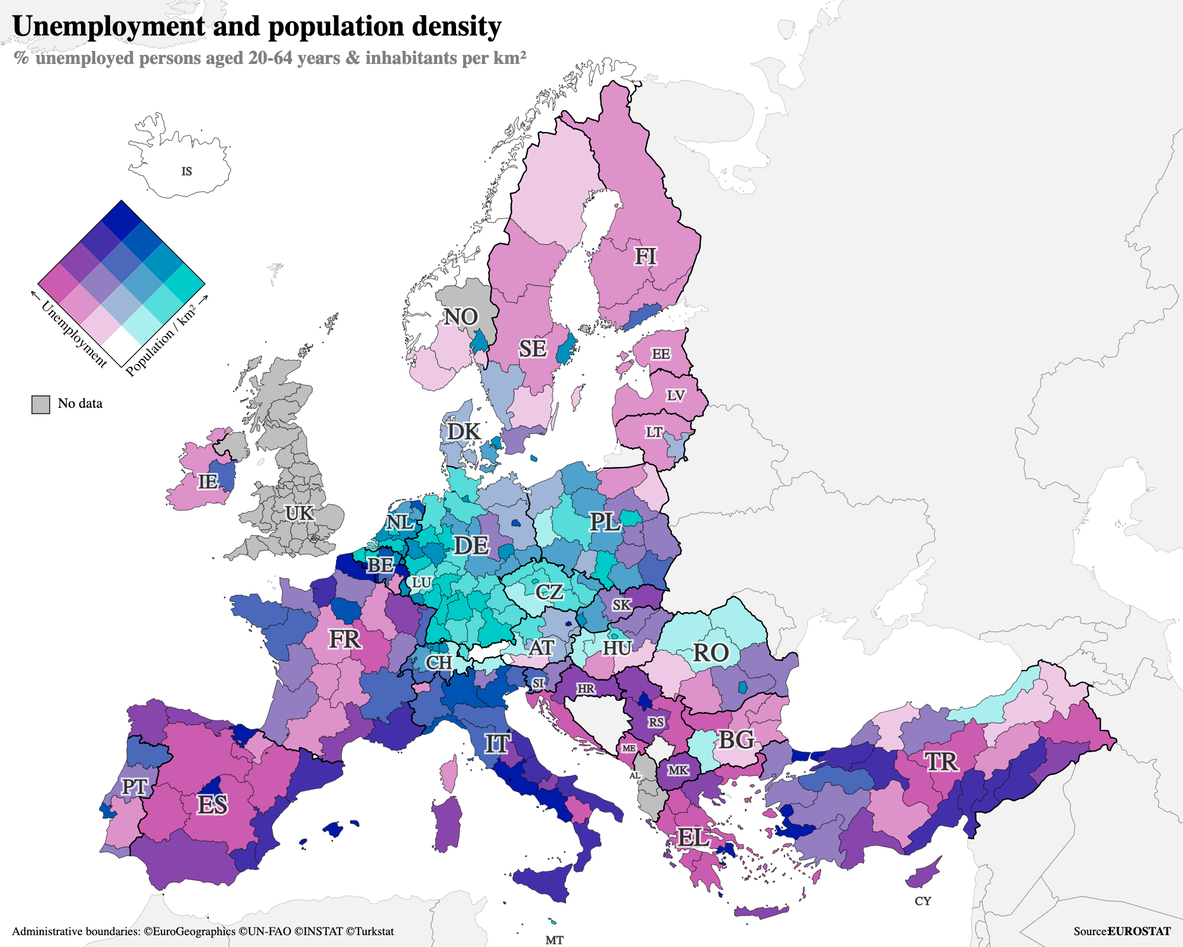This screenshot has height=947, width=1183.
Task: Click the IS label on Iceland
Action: tap(186, 172)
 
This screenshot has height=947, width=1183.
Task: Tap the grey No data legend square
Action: tap(40, 404)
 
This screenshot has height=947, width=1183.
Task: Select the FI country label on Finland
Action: tap(645, 256)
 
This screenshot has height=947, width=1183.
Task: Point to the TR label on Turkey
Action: tap(942, 761)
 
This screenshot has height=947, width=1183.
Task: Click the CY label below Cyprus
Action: tap(923, 901)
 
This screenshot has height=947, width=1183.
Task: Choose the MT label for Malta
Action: tap(554, 940)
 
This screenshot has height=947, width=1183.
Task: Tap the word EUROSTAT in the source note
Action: tap(1139, 931)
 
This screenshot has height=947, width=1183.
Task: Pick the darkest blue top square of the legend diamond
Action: tap(121, 221)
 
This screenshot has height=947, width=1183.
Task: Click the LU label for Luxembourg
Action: tap(421, 582)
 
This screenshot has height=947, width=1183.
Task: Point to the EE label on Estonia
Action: tap(661, 354)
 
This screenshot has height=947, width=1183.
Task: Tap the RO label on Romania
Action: tap(710, 653)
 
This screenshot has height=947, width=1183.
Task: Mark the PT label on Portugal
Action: tap(134, 787)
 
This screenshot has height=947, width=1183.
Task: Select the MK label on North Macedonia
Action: tap(678, 770)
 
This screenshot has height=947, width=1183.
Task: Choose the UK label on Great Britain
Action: tap(299, 513)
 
